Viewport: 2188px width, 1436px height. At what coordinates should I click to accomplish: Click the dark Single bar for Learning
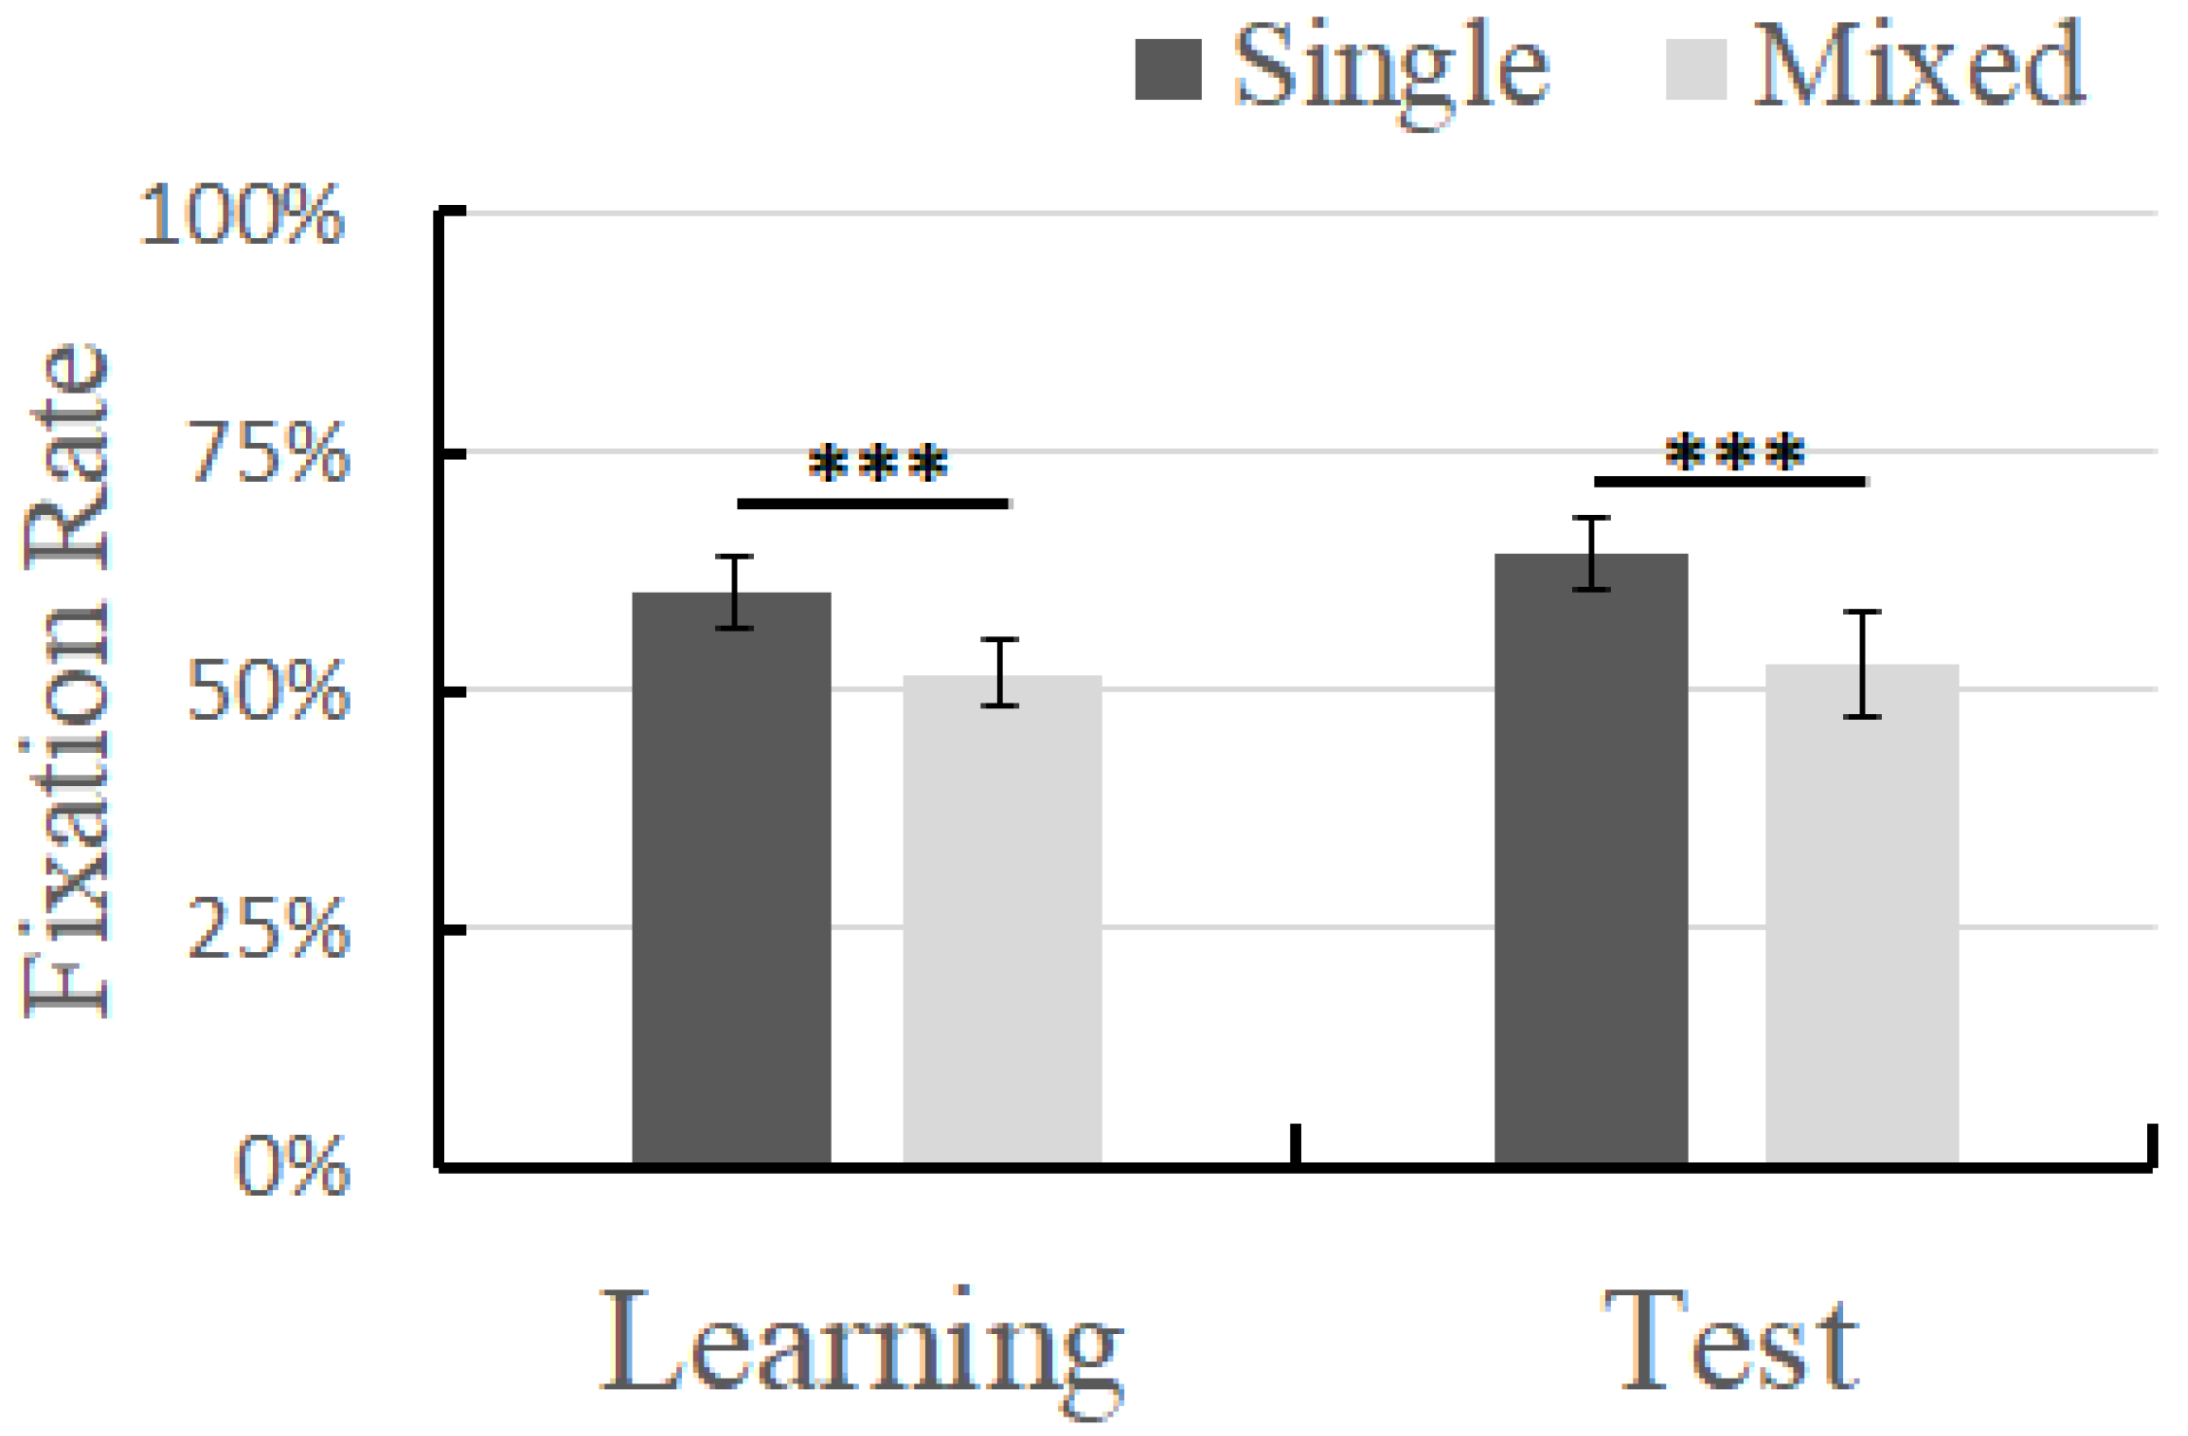pyautogui.click(x=731, y=874)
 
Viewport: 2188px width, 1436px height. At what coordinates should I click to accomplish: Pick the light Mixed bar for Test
pyautogui.click(x=1862, y=913)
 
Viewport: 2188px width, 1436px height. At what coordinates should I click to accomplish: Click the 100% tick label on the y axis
pyautogui.click(x=242, y=215)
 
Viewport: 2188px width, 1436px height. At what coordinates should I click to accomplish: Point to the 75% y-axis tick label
pyautogui.click(x=267, y=454)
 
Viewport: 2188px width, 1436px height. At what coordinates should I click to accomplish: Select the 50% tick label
pyautogui.click(x=267, y=693)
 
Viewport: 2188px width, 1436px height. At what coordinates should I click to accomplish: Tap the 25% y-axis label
pyautogui.click(x=267, y=931)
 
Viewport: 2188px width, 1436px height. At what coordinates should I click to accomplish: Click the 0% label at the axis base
pyautogui.click(x=291, y=1166)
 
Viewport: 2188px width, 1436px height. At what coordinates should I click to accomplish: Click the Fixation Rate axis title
pyautogui.click(x=66, y=680)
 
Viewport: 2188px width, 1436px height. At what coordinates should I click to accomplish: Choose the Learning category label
pyautogui.click(x=861, y=1346)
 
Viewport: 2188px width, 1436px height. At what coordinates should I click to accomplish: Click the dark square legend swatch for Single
pyautogui.click(x=1168, y=69)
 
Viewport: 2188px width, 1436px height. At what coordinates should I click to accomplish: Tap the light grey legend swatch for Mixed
pyautogui.click(x=1695, y=69)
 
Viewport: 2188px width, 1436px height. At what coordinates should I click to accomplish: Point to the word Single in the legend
pyautogui.click(x=1390, y=68)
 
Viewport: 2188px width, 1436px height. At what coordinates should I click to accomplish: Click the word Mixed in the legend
pyautogui.click(x=1918, y=66)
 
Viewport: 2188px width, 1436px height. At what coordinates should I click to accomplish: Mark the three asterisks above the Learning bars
pyautogui.click(x=877, y=464)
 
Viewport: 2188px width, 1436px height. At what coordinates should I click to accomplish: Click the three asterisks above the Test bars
pyautogui.click(x=1734, y=453)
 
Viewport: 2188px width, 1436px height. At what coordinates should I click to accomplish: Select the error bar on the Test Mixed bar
pyautogui.click(x=1862, y=665)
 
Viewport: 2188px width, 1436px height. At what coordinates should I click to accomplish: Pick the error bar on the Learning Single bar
pyautogui.click(x=735, y=593)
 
